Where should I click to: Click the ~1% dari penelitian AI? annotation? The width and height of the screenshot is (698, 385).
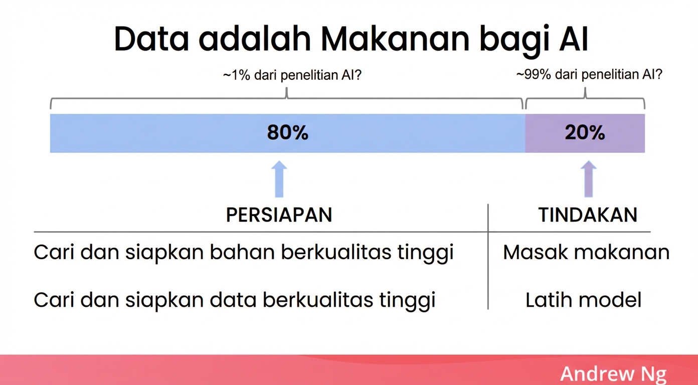[x=292, y=76]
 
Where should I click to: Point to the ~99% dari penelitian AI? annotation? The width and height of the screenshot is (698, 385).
[x=589, y=75]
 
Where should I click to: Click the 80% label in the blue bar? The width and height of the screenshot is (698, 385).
[x=287, y=133]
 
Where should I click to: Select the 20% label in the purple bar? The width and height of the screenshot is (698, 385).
[x=585, y=133]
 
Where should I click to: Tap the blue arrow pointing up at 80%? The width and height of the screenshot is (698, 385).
[x=279, y=179]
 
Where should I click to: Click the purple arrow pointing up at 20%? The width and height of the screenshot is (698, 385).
[x=588, y=179]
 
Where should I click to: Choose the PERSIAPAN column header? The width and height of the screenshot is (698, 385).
[x=279, y=215]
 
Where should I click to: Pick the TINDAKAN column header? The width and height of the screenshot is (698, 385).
[x=588, y=215]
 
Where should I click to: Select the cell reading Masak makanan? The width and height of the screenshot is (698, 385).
[x=586, y=252]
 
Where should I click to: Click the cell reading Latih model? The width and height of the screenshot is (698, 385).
[x=583, y=300]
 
